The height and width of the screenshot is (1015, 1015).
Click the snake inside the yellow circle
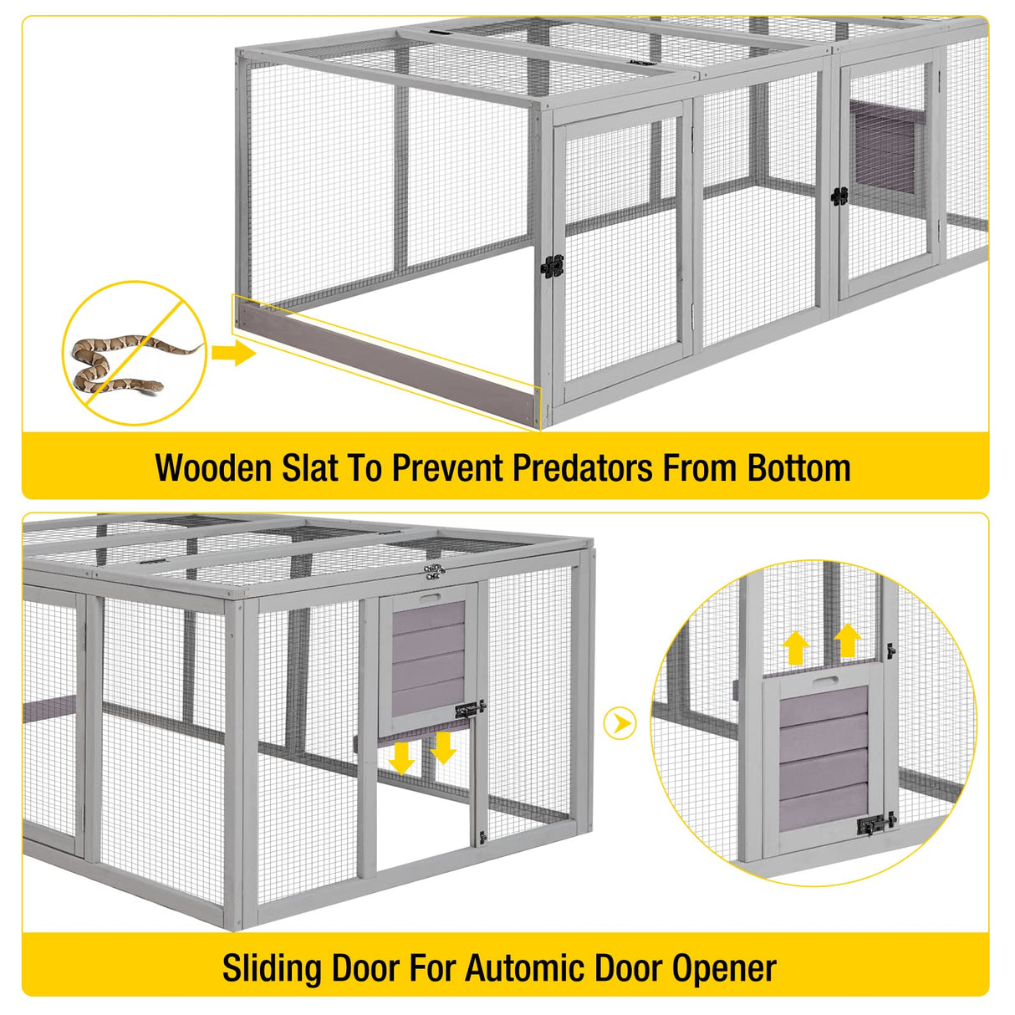pyautogui.click(x=117, y=365)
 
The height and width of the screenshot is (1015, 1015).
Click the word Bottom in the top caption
pyautogui.click(x=799, y=468)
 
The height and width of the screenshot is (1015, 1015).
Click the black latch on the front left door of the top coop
pyautogui.click(x=552, y=267)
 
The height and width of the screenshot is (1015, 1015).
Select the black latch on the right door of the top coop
pyautogui.click(x=839, y=196)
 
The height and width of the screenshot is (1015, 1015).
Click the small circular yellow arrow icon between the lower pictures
pyautogui.click(x=620, y=723)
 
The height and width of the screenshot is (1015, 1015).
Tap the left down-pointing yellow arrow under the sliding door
pyautogui.click(x=402, y=757)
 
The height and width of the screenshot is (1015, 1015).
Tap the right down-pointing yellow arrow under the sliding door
pyautogui.click(x=443, y=748)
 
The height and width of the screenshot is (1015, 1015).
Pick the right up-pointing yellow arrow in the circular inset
pyautogui.click(x=847, y=640)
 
